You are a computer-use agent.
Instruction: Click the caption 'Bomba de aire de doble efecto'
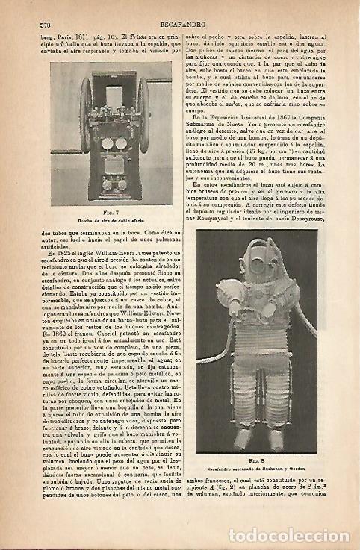tap(111, 222)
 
